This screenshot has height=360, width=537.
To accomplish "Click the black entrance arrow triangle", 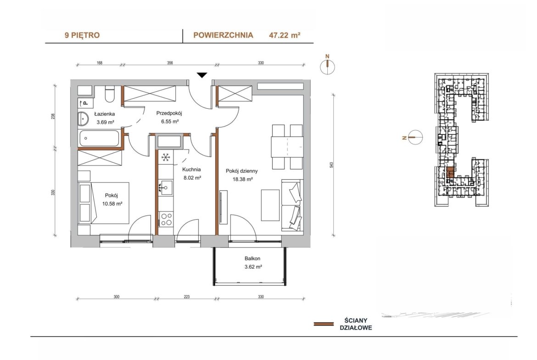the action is pos(202,75).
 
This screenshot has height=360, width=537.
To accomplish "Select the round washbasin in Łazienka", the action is pos(83,118).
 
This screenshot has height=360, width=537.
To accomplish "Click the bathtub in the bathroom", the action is pos(99,138).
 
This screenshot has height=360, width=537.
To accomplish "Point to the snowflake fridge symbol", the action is pos(166,157).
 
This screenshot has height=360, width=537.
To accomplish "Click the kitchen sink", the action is pos(166,188).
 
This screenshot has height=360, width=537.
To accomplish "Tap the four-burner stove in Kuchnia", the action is pos(166,219).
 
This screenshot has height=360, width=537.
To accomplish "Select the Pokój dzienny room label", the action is pos(241,171).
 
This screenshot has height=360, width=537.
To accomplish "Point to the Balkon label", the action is pos(252,259).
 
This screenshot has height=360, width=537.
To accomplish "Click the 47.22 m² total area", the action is pos(285,35).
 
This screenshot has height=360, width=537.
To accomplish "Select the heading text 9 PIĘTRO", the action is pos(82,35).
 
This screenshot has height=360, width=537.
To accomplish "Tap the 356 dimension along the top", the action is pos(170,63).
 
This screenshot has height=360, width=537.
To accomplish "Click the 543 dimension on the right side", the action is pos(331,165).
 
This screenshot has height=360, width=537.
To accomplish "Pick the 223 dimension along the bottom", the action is pos(187,297).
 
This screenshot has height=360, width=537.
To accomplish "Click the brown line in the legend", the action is pos(324,324).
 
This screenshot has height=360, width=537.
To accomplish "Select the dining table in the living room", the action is pos(287,147).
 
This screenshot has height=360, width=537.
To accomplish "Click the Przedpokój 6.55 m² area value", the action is pos(170,122).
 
